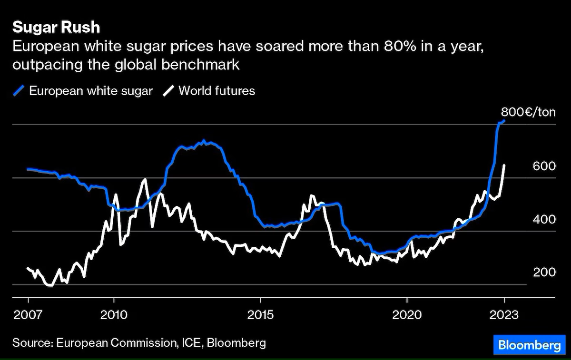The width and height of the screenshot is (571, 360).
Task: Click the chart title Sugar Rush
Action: click(x=56, y=27)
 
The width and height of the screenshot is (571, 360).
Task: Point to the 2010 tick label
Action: click(x=114, y=314)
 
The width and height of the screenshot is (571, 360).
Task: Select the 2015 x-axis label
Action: click(x=260, y=314)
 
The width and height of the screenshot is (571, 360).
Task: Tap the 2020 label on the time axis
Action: click(x=407, y=314)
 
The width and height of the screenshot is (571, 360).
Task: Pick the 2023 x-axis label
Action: click(x=504, y=314)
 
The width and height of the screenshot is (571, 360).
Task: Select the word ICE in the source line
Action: click(x=193, y=343)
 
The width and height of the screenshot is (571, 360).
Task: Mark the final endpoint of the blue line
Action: click(x=504, y=121)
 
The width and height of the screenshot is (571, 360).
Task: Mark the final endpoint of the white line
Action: click(x=504, y=165)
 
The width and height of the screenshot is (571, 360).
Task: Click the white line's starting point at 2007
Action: click(x=28, y=268)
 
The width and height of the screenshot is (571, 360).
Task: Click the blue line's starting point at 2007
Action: click(x=28, y=169)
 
